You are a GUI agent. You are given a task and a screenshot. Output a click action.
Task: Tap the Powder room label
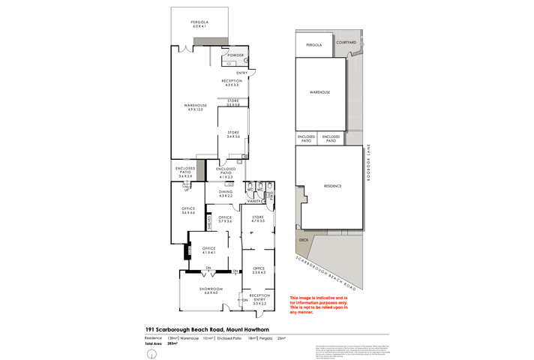tap(237, 56)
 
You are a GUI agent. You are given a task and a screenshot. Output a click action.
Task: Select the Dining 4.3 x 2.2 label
tap(226, 193)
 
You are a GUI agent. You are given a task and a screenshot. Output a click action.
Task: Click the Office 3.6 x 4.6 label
tap(187, 211)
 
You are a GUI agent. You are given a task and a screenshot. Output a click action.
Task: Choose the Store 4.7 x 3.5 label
tap(259, 220)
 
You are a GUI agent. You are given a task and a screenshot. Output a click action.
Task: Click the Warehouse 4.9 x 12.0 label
tap(195, 107)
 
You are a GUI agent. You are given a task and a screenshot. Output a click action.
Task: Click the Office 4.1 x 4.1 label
tap(209, 250)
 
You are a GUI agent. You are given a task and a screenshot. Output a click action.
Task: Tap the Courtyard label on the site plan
tap(346, 43)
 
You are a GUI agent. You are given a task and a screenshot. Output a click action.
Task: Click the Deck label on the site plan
tap(304, 240)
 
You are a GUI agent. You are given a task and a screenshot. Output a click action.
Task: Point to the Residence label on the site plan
tap(332, 186)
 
